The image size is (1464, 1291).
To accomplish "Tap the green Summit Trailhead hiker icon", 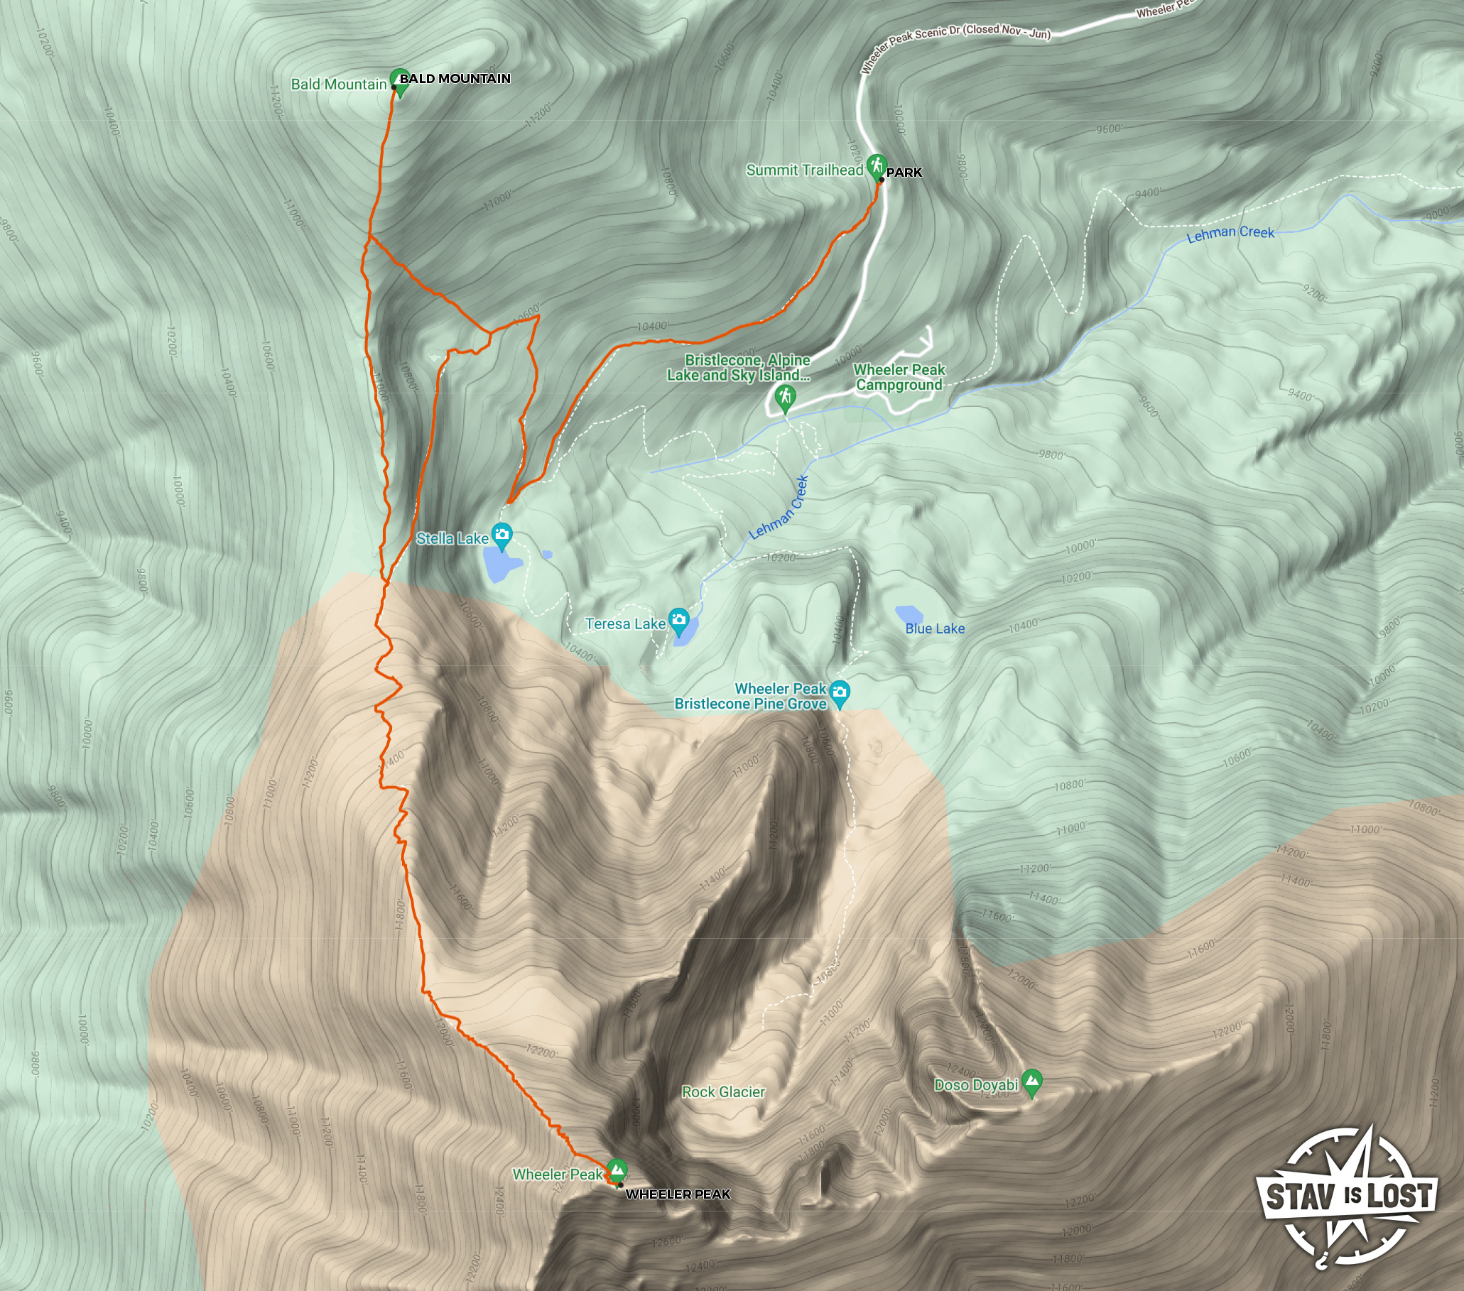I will click(876, 166).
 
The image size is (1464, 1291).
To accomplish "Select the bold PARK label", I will click(904, 173).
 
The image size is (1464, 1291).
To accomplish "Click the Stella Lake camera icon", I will click(503, 535).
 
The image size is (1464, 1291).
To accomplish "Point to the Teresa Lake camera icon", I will click(678, 620).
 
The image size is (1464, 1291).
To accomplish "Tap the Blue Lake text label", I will click(935, 628).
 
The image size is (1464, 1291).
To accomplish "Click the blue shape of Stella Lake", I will click(501, 565).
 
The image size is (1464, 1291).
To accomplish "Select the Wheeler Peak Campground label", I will click(899, 377).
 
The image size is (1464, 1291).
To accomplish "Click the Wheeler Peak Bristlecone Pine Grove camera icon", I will click(840, 692).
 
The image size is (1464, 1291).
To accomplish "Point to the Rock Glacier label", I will click(722, 1092).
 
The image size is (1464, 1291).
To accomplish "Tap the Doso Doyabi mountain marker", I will click(1031, 1081).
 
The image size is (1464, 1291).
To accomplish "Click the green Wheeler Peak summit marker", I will click(616, 1170).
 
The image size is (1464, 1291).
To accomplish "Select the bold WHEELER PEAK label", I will click(678, 1194).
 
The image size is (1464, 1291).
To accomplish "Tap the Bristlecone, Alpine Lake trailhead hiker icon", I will click(785, 396).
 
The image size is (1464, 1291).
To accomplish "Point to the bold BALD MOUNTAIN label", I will click(455, 79).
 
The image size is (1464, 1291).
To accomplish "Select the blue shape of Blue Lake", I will click(909, 614).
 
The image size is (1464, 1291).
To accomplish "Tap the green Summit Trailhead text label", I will click(804, 170).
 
